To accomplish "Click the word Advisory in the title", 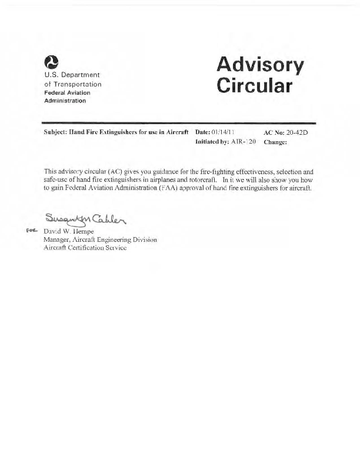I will (260, 65).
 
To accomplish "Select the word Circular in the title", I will (254, 86).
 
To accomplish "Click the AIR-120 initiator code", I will (242, 142).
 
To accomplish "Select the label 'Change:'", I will (275, 142).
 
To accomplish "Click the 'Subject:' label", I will (56, 133).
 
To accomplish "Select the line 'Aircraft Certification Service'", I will (85, 248).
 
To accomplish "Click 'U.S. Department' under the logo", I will (72, 75).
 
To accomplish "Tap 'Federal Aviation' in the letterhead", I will (67, 92).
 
